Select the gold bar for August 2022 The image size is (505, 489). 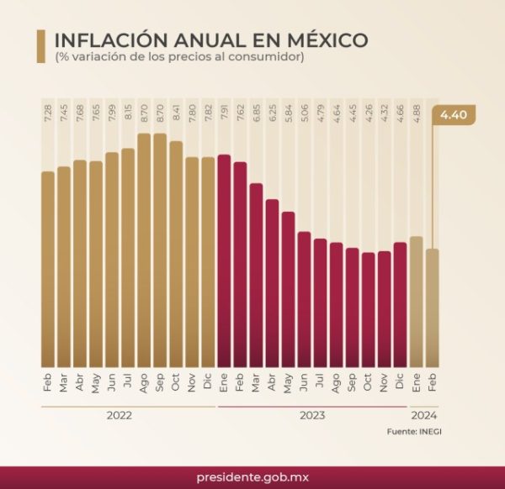pos(144,252)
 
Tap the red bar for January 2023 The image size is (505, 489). pos(224,260)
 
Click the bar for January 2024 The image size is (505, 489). pos(416,302)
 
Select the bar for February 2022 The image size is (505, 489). pos(48,269)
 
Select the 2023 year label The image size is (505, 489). pos(311,415)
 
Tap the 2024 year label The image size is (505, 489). pos(423,415)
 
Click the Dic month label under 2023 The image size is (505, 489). pos(400,382)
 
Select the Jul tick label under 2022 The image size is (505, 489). pos(128,382)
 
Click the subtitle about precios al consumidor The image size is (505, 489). pos(179,57)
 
